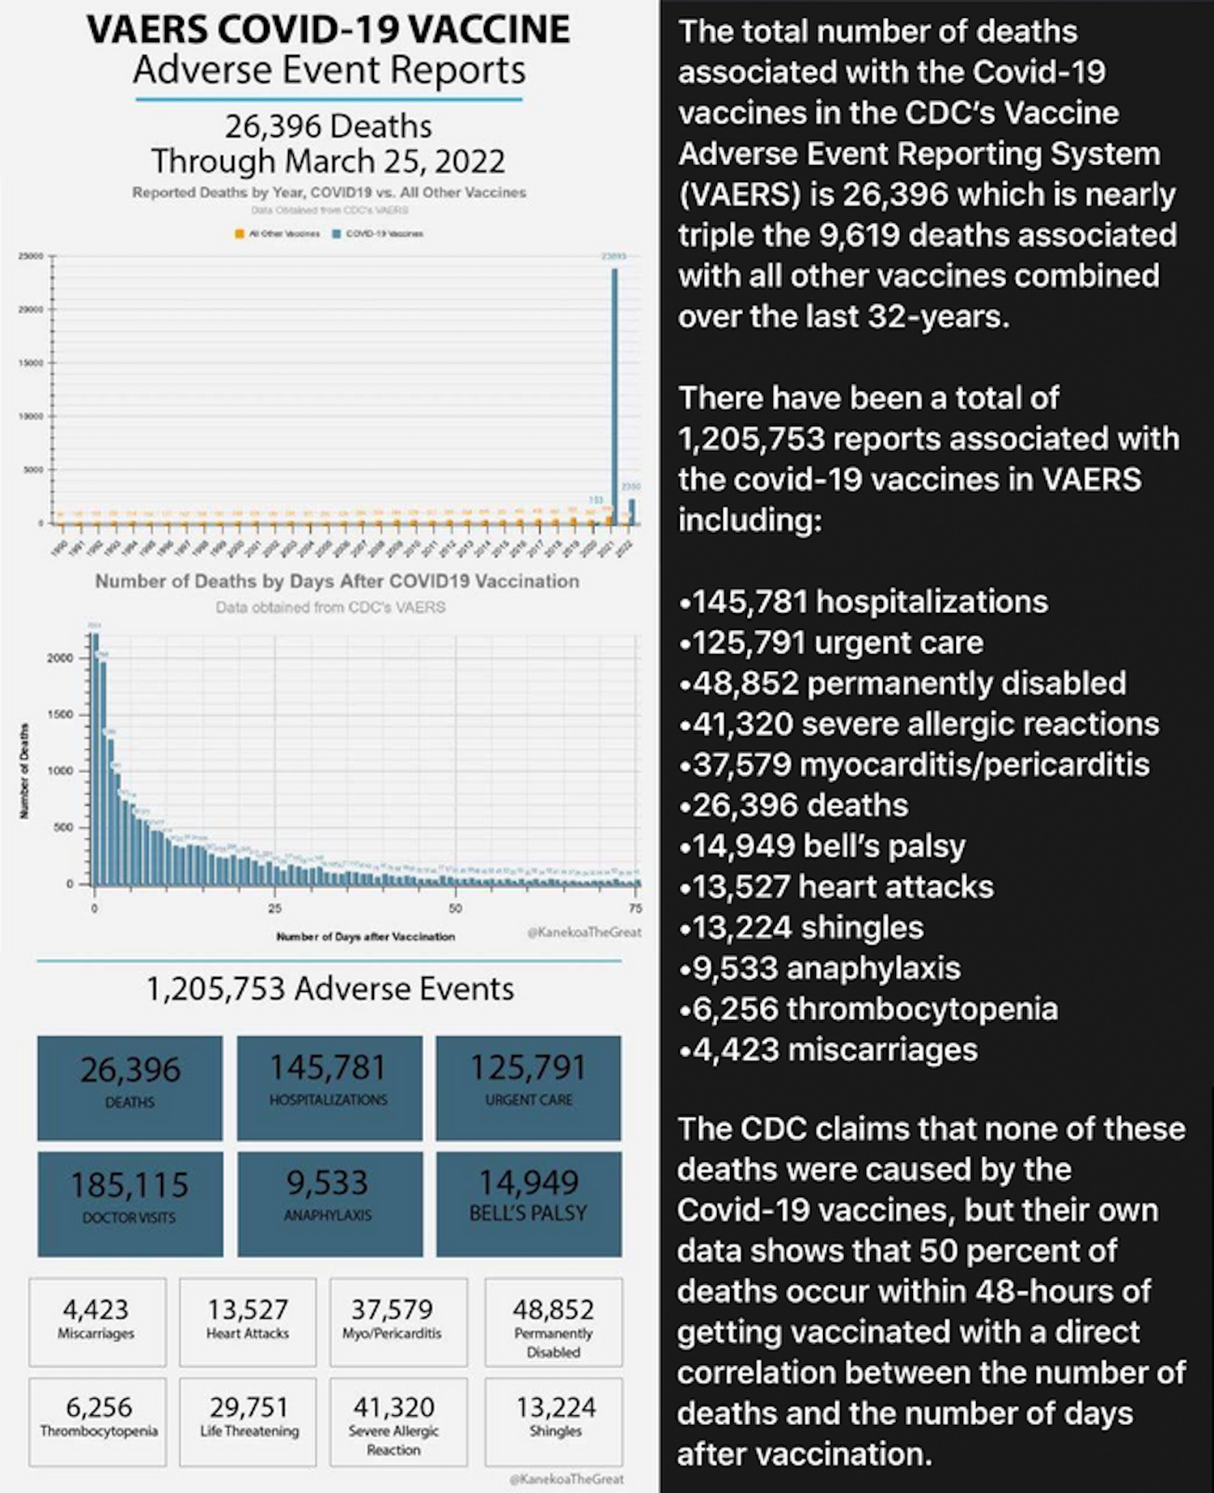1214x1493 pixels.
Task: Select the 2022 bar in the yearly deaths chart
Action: tap(631, 512)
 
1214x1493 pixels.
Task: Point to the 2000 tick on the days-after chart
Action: tap(60, 657)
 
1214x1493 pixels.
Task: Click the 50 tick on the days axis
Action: tap(456, 908)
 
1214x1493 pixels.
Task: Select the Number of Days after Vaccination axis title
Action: tap(366, 937)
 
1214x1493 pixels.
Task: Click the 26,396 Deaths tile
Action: tap(129, 1087)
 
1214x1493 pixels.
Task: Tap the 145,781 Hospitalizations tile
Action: tap(329, 1087)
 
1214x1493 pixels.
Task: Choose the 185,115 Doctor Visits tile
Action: tap(129, 1203)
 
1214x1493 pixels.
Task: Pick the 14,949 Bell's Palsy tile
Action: tap(528, 1203)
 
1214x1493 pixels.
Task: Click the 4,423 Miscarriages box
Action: tap(96, 1321)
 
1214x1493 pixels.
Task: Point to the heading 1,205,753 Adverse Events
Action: tap(329, 989)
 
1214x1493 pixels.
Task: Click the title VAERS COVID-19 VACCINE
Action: tap(328, 30)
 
